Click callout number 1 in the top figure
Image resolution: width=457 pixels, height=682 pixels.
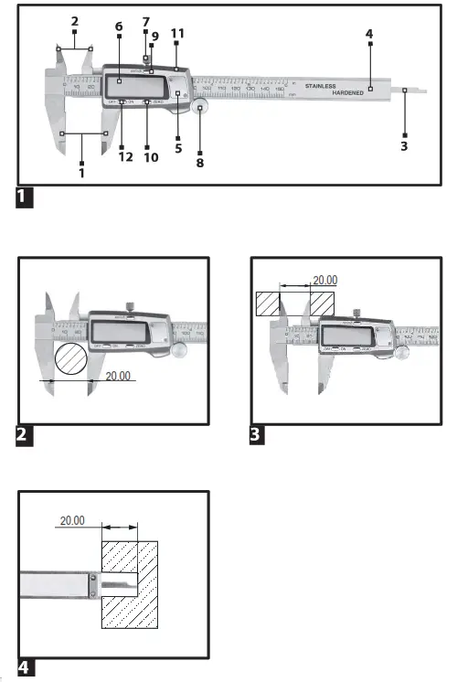[82, 171]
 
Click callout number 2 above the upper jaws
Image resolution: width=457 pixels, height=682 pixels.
[74, 20]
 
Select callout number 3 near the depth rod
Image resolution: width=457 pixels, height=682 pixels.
[404, 145]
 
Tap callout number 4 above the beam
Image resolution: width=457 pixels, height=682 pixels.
[369, 34]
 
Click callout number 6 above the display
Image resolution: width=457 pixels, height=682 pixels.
[119, 27]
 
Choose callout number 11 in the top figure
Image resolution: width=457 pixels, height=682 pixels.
[177, 33]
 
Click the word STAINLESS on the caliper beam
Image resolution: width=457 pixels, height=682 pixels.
[321, 86]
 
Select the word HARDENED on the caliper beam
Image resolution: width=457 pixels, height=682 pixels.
[347, 93]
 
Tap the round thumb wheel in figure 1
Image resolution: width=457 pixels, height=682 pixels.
[200, 109]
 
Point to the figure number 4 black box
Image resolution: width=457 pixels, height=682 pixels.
[26, 667]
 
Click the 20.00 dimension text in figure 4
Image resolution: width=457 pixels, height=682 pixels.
[73, 520]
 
